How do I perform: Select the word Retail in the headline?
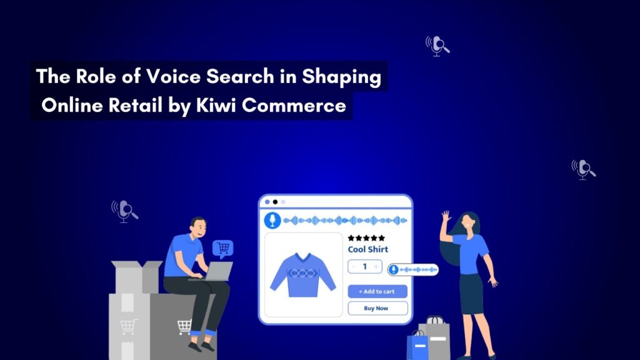click(130, 106)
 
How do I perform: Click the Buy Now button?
click(377, 308)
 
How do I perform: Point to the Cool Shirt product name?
click(367, 249)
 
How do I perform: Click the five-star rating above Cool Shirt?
click(367, 237)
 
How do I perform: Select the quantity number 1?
click(364, 267)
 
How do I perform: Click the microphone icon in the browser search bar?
click(272, 220)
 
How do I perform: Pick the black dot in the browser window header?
click(275, 202)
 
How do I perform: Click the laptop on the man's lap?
click(215, 271)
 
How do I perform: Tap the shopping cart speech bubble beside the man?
click(222, 249)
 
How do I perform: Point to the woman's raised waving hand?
click(445, 216)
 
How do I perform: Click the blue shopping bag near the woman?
click(417, 344)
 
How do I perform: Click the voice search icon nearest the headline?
click(437, 45)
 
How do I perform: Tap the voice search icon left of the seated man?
click(124, 210)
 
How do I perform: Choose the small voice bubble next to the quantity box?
click(412, 269)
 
